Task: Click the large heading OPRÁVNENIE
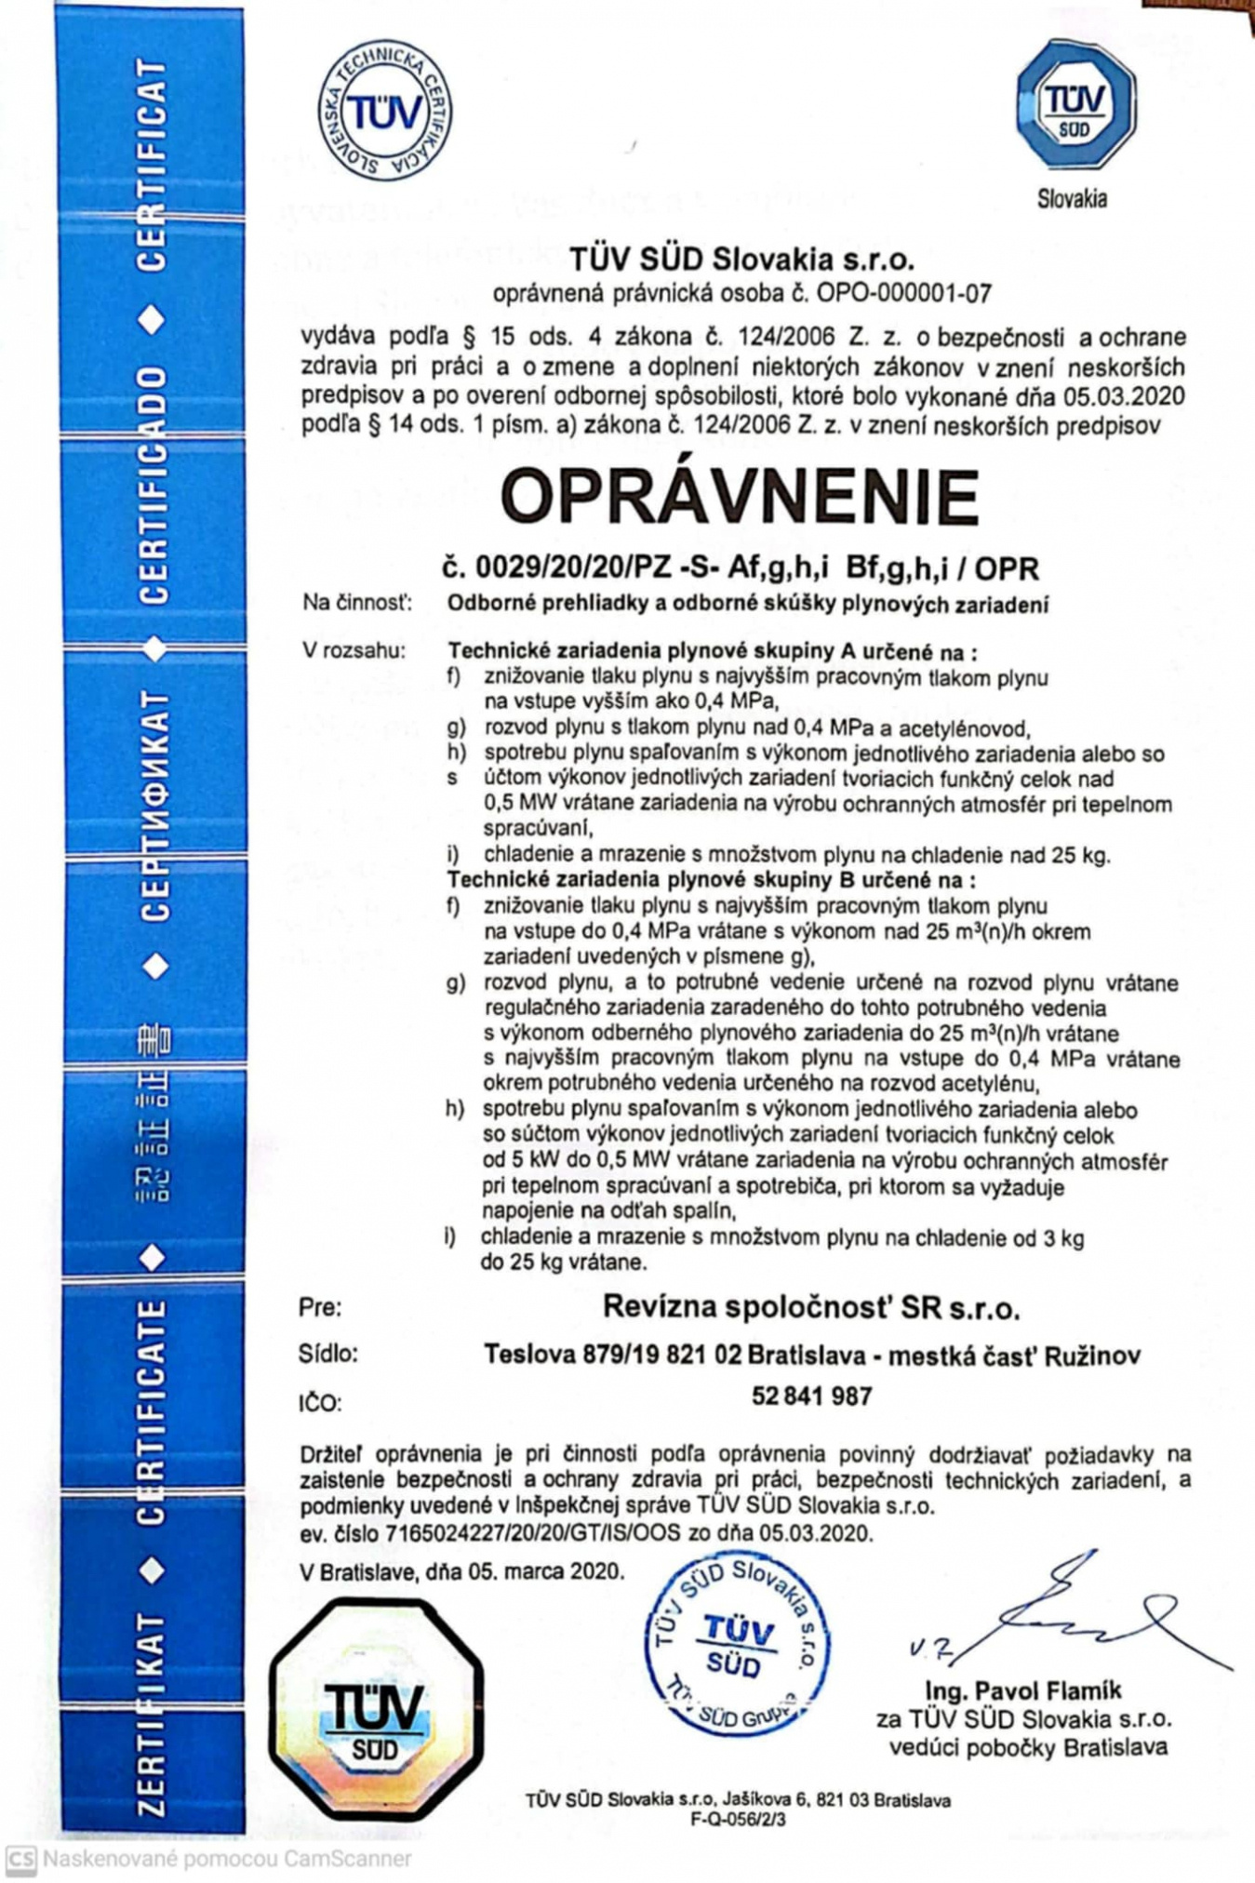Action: pos(740,496)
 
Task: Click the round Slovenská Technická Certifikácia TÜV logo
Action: pos(385,111)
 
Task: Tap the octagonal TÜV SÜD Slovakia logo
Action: pos(1075,104)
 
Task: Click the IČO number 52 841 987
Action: pos(811,1396)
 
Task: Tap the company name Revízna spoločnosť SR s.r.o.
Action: pos(811,1307)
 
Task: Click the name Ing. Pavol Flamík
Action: pos(1022,1690)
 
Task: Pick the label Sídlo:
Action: pos(328,1354)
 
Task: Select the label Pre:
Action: pos(320,1307)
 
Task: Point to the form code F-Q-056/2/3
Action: pos(738,1819)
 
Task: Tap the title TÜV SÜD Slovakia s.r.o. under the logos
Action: pos(741,258)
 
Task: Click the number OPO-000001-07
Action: pos(904,294)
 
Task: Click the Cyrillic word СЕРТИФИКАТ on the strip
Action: pos(155,806)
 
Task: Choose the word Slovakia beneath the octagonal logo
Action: pos(1073,198)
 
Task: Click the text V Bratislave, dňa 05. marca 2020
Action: pos(461,1571)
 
